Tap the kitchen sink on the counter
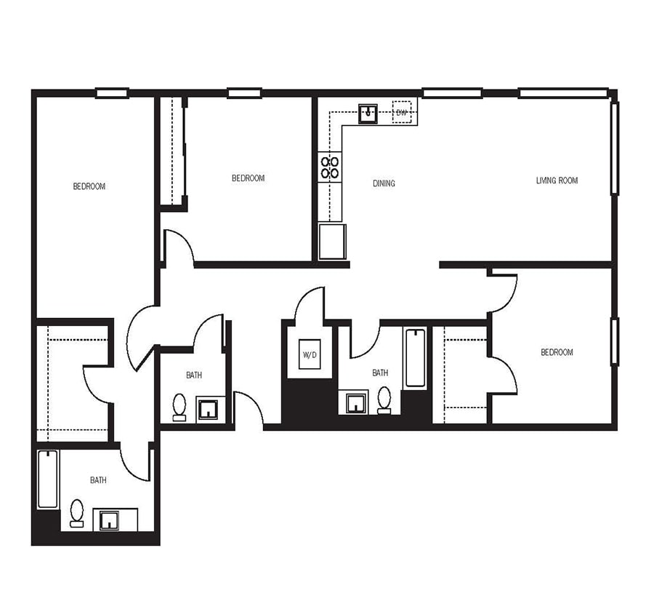coord(369,113)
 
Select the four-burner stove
coord(330,167)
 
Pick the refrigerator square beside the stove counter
coord(332,242)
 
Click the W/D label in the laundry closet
coord(308,355)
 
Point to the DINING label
coord(384,183)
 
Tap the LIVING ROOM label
coord(557,180)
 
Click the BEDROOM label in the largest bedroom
coord(89,186)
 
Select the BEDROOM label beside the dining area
coord(248,178)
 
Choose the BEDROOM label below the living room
coord(557,352)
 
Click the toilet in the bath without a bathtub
coord(179,407)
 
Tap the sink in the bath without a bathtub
coord(208,409)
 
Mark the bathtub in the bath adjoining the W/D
coord(415,358)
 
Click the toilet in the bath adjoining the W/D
coord(384,400)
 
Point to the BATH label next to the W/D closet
coord(380,373)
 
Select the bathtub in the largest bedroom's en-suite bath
coord(48,479)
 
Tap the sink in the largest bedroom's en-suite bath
coord(110,520)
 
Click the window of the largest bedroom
coord(112,93)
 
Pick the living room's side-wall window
coord(614,148)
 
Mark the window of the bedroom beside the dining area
coord(244,93)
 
